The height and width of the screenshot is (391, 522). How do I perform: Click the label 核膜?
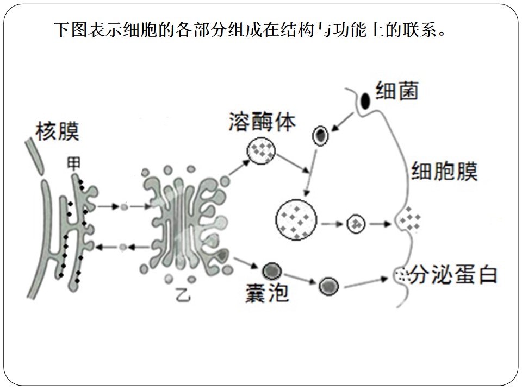click(57, 131)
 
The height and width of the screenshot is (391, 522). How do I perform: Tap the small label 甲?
click(73, 163)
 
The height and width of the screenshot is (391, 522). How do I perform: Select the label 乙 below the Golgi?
click(183, 294)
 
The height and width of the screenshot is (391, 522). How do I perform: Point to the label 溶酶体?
click(262, 121)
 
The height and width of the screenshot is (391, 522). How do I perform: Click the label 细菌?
click(397, 91)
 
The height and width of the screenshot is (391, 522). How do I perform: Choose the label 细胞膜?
click(444, 171)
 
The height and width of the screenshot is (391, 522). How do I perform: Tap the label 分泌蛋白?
click(453, 275)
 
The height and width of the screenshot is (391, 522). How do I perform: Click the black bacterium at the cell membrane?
click(365, 101)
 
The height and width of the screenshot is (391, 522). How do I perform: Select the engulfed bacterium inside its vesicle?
click(320, 136)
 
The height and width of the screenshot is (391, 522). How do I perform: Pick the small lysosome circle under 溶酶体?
click(261, 150)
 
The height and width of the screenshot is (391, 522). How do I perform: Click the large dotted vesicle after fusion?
click(296, 219)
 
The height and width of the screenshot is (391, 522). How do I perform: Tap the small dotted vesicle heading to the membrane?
click(356, 223)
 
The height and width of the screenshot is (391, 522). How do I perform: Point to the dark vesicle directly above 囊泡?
click(272, 271)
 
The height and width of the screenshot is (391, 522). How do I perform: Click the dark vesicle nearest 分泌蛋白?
click(329, 286)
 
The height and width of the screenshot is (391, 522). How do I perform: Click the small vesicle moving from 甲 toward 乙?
click(124, 207)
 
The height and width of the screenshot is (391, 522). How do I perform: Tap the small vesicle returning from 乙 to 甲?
click(123, 247)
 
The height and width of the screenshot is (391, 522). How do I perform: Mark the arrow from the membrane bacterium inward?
click(343, 122)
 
